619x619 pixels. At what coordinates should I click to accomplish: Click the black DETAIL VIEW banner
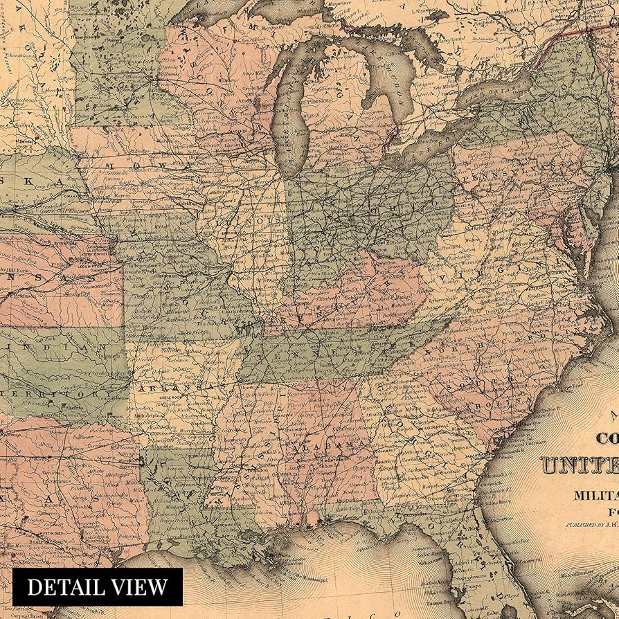(97, 587)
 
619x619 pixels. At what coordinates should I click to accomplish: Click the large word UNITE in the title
(578, 465)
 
